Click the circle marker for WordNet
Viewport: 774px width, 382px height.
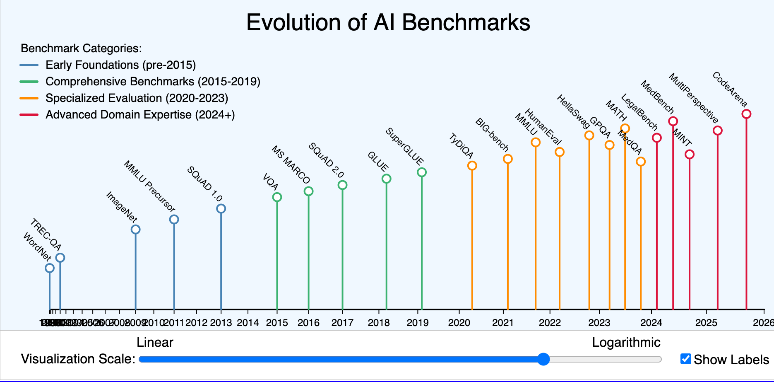tap(50, 268)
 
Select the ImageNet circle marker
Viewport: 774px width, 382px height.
tap(135, 230)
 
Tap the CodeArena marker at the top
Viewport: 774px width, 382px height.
tap(746, 114)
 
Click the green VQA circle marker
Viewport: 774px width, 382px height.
tap(277, 197)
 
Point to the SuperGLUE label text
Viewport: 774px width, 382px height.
tap(404, 147)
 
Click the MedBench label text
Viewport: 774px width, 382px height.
tap(657, 97)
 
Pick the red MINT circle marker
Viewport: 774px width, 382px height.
tap(689, 155)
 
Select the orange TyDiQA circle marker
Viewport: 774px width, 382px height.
tap(472, 166)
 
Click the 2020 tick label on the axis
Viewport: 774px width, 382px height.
tap(459, 323)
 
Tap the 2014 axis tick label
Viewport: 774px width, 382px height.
tap(248, 323)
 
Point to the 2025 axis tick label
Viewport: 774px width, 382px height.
tap(706, 323)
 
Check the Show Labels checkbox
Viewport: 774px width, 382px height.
tap(685, 359)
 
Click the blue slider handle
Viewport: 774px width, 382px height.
tap(543, 359)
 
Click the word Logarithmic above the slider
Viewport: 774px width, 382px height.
tap(626, 343)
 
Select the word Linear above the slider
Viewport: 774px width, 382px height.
tap(155, 343)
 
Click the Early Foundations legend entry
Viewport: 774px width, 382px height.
tap(120, 65)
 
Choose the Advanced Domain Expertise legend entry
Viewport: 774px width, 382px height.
tap(140, 115)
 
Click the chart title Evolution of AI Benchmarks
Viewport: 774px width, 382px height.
tap(388, 22)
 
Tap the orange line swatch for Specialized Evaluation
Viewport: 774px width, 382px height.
tap(29, 98)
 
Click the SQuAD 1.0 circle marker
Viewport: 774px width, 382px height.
tap(221, 208)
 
